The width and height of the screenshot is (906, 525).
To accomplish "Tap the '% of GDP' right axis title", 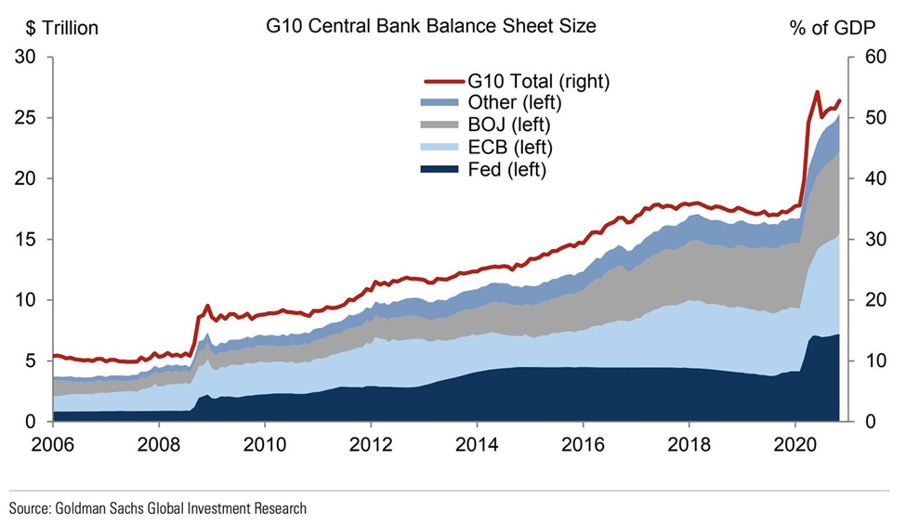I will pyautogui.click(x=832, y=28).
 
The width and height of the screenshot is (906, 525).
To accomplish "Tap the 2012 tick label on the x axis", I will pyautogui.click(x=371, y=442).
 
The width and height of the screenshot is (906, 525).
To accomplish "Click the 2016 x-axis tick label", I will pyautogui.click(x=584, y=442).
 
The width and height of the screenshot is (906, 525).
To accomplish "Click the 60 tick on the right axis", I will pyautogui.click(x=865, y=58).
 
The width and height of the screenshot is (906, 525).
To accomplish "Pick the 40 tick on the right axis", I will pyautogui.click(x=865, y=179).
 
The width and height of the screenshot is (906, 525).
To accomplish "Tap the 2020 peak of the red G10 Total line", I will pyautogui.click(x=817, y=92).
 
